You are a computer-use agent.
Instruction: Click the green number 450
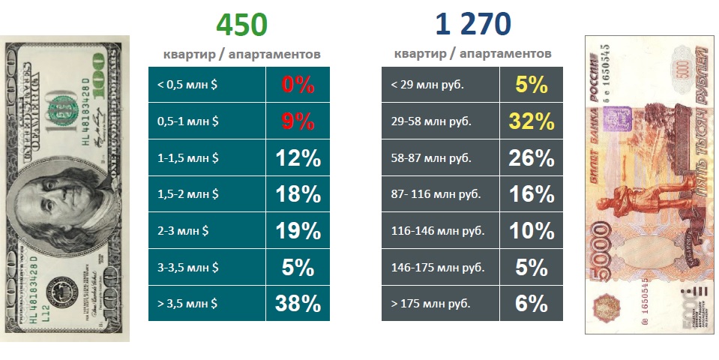[x=241, y=25]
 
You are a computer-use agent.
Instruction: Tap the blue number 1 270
[x=473, y=25]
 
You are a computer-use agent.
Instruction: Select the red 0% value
[x=298, y=85]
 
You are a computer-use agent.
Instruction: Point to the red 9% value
[x=298, y=121]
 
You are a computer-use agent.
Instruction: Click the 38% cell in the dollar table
[x=298, y=303]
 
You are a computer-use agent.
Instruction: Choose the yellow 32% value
[x=531, y=121]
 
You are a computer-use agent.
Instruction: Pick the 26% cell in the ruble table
[x=531, y=157]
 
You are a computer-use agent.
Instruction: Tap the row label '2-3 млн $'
[x=184, y=230]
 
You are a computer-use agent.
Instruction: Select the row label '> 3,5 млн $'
[x=187, y=303]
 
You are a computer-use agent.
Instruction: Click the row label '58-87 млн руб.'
[x=431, y=157]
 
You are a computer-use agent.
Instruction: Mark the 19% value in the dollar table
[x=298, y=230]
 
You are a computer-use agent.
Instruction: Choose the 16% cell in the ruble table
[x=531, y=193]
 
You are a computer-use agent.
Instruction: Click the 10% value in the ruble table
[x=531, y=230]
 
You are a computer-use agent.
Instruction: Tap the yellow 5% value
[x=531, y=85]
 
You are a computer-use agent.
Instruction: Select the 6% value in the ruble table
[x=531, y=303]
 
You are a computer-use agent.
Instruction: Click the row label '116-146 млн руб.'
[x=434, y=230]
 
